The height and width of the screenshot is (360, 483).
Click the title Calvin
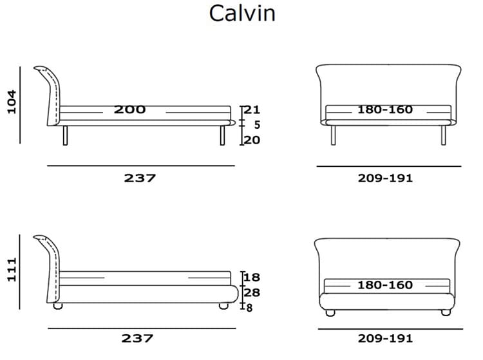coord(242,14)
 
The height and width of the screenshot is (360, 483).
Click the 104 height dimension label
coord(12,102)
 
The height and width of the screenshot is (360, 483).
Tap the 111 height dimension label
coord(12,270)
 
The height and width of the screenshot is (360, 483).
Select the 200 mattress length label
coord(129,109)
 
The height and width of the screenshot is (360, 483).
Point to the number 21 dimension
coord(252,109)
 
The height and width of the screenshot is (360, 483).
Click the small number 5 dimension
coord(257,125)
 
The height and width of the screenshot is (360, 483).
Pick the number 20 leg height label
coord(252,140)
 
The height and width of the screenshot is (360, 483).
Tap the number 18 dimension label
coord(252,277)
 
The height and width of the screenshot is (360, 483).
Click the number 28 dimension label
coord(252,292)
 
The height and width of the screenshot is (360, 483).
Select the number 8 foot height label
coord(249,308)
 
